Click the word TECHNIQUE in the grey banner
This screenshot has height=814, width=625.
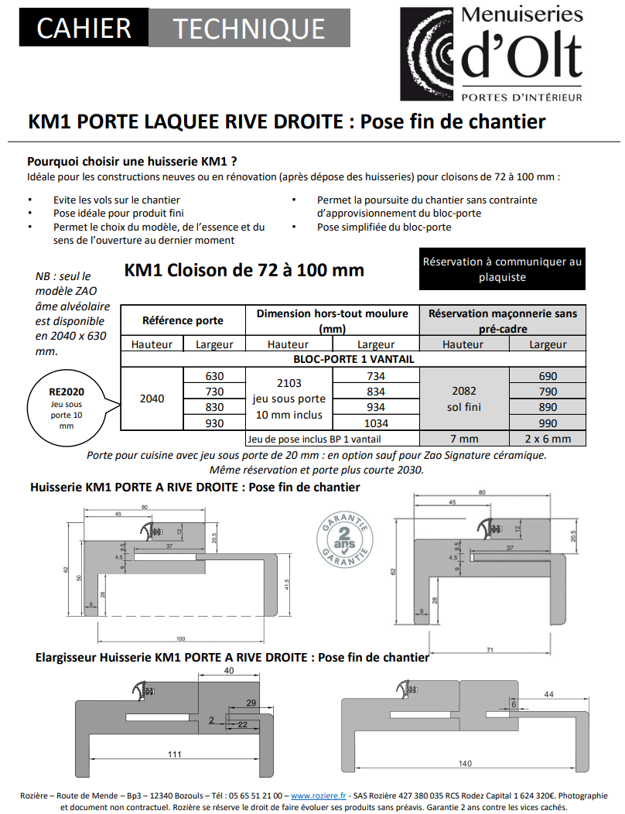(x=248, y=29)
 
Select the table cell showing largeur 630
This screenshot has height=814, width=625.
(x=213, y=376)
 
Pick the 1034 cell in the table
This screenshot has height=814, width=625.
(x=376, y=423)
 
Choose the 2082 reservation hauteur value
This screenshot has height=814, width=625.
(x=463, y=392)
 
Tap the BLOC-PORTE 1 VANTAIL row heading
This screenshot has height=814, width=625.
(x=353, y=359)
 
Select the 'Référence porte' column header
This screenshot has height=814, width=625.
(x=183, y=320)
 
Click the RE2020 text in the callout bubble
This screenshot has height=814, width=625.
(x=66, y=392)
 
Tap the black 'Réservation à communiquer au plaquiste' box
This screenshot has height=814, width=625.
(x=502, y=269)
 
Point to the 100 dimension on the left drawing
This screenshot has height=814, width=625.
(x=181, y=638)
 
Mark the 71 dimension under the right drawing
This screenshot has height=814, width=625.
(x=490, y=651)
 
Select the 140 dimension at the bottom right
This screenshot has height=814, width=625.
(x=464, y=764)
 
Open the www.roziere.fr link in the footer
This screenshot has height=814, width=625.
(x=319, y=795)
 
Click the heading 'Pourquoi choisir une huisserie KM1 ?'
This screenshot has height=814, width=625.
(x=132, y=162)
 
